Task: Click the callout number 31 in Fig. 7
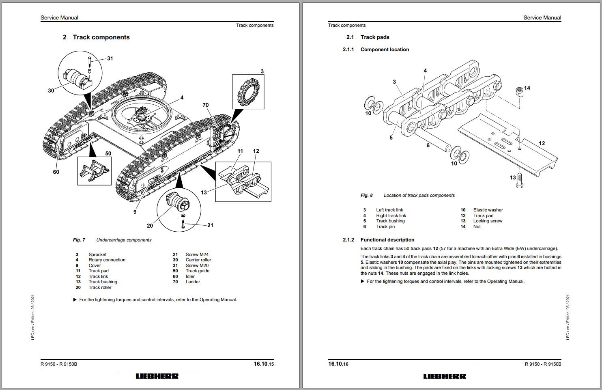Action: pos(110,58)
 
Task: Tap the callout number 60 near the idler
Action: pos(56,172)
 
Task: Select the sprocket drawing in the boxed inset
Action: pos(248,92)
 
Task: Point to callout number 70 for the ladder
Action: pos(206,105)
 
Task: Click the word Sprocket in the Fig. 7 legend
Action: pos(97,254)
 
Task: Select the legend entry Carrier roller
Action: pos(198,260)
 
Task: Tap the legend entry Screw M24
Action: pos(197,254)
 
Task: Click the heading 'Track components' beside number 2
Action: pos(101,37)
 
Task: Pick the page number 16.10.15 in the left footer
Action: pos(264,364)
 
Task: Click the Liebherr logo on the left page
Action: pos(157,376)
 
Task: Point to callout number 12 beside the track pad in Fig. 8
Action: pos(542,143)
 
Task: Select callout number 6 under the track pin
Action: pos(428,145)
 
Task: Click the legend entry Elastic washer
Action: pos(488,210)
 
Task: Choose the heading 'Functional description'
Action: pos(387,240)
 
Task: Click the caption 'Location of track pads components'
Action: pos(419,195)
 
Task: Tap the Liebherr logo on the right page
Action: pos(445,376)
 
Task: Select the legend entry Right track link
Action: pos(391,216)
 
